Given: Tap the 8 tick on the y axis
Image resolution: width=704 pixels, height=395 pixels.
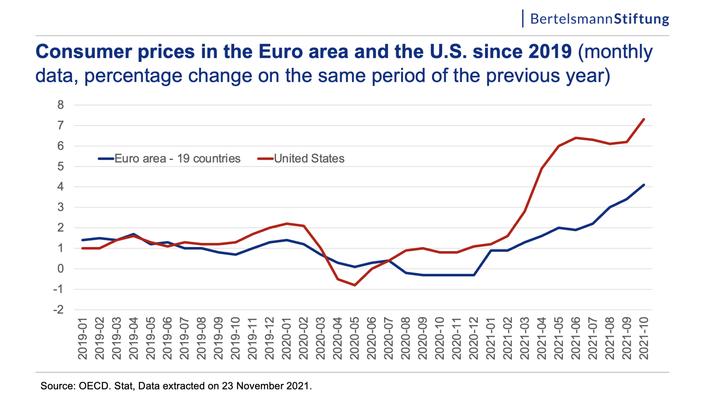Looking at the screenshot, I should [60, 105].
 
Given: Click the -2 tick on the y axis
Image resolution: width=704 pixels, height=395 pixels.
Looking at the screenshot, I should [58, 310].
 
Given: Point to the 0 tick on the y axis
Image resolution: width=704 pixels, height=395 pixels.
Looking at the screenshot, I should [60, 269].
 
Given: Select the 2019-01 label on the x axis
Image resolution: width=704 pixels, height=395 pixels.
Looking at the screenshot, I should [82, 339].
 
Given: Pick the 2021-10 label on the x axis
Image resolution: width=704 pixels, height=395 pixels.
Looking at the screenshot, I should [643, 339].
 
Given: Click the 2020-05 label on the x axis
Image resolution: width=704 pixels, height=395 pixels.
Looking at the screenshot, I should [354, 339].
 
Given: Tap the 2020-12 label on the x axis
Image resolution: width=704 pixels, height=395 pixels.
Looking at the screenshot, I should [474, 339].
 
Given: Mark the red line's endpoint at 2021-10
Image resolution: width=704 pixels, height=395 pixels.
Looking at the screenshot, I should [643, 119].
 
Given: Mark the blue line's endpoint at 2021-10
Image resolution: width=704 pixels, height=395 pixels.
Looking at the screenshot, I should [643, 185].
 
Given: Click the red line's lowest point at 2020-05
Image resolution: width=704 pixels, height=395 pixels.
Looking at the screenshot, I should [354, 285].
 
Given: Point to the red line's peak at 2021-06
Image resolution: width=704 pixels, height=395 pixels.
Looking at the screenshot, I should [576, 138].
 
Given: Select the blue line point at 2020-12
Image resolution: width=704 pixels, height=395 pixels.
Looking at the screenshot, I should [474, 275].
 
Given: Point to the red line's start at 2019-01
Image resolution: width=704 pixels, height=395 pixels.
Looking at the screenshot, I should [82, 248].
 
